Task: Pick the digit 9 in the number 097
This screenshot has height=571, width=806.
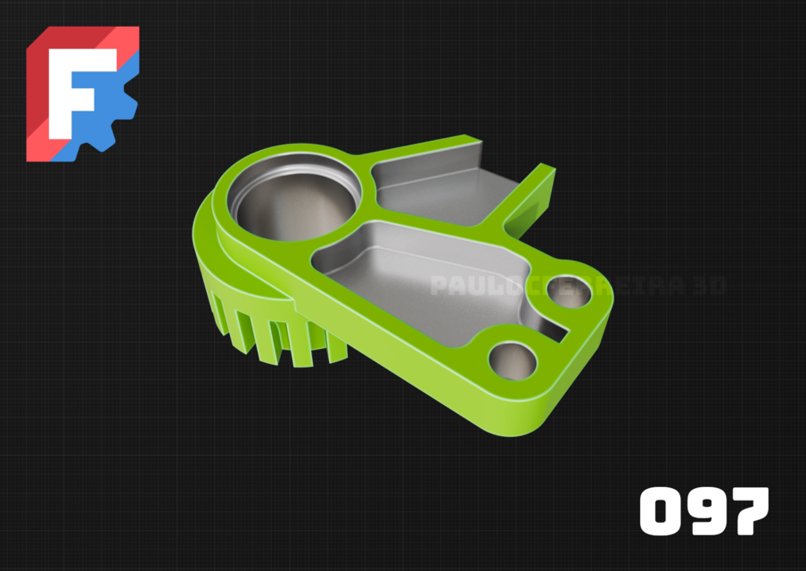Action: coord(705,511)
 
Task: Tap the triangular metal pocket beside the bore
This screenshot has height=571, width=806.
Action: coord(437,187)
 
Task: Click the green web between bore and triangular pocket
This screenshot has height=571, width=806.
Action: coord(368,183)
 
